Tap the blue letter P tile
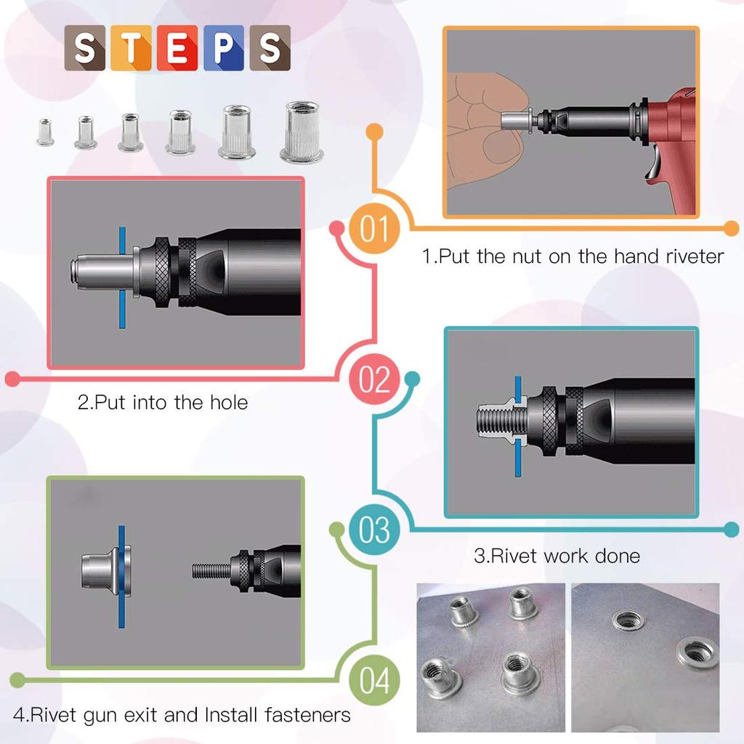pyautogui.click(x=224, y=49)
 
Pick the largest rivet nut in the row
pyautogui.click(x=302, y=132)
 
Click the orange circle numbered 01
pyautogui.click(x=374, y=229)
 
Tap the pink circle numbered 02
pyautogui.click(x=374, y=379)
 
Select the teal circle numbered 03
pyautogui.click(x=374, y=530)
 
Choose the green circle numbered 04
pyautogui.click(x=374, y=681)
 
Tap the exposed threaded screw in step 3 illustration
pyautogui.click(x=494, y=421)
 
